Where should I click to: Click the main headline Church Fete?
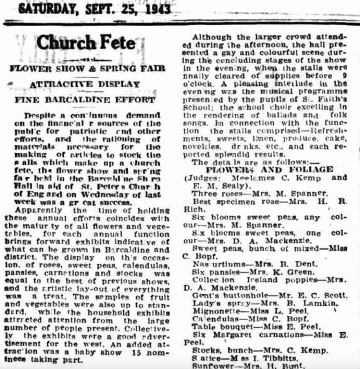click(x=86, y=43)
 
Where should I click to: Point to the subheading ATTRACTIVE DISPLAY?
click(x=85, y=84)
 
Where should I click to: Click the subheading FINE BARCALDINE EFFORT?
click(x=85, y=100)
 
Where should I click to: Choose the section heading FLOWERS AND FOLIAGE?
click(x=269, y=169)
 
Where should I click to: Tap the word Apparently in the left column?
click(x=40, y=211)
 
